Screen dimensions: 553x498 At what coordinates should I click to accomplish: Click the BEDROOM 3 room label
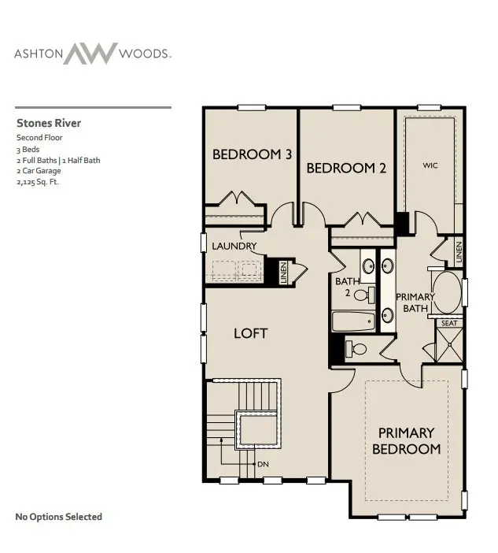[x=252, y=155]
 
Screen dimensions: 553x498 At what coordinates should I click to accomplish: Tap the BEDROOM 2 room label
[x=345, y=168]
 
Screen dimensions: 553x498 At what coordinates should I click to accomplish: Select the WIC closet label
[x=430, y=165]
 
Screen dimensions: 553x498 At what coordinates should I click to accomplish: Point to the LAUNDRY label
[x=234, y=246]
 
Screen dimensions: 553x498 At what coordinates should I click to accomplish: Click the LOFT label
[x=250, y=333]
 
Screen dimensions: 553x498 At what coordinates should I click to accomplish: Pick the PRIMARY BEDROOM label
[x=406, y=440]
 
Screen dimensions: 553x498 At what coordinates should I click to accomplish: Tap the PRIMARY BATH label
[x=415, y=302]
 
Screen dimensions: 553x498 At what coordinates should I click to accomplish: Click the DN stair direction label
[x=264, y=464]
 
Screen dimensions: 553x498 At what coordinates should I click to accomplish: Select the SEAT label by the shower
[x=448, y=323]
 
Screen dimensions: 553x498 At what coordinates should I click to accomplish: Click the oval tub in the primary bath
[x=447, y=293]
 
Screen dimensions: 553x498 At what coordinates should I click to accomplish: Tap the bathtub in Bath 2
[x=356, y=320]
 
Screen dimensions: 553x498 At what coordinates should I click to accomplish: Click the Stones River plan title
[x=49, y=123]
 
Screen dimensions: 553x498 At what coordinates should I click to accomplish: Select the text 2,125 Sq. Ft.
[x=38, y=182]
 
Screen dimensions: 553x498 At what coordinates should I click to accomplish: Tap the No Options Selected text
[x=59, y=517]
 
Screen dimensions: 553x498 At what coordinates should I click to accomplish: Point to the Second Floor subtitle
[x=39, y=138]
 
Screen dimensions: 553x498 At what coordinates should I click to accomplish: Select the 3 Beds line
[x=28, y=149]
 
